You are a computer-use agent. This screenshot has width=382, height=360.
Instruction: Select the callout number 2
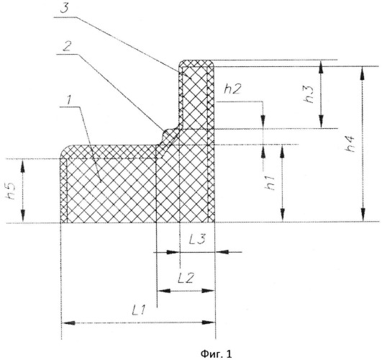coord(66,46)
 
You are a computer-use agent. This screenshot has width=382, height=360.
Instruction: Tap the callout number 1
coord(69,100)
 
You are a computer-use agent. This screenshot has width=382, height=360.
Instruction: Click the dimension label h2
coord(232,89)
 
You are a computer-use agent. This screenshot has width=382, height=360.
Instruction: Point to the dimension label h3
coord(309,95)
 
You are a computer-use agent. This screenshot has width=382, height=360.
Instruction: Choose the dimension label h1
coord(270,183)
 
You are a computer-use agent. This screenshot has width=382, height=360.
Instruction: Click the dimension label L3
coord(198,239)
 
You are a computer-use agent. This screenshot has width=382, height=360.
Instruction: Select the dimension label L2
coord(186,278)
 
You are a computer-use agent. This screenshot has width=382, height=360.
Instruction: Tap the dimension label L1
coord(139,310)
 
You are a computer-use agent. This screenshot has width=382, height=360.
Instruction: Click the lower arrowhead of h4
coord(363,215)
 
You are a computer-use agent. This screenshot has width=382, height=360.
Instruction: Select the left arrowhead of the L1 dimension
coord(68,323)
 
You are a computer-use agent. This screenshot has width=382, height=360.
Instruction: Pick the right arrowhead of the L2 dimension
coord(208,291)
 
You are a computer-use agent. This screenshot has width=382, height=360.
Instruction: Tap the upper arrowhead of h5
coord(22,166)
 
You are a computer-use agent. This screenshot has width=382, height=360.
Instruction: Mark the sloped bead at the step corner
coord(168,138)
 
